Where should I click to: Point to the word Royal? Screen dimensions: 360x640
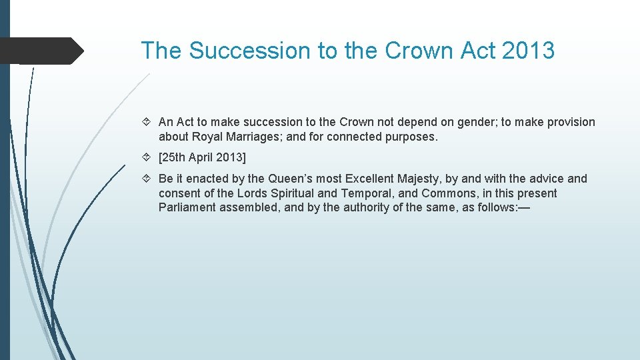pos(207,137)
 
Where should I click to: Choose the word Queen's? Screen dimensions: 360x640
pos(291,179)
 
